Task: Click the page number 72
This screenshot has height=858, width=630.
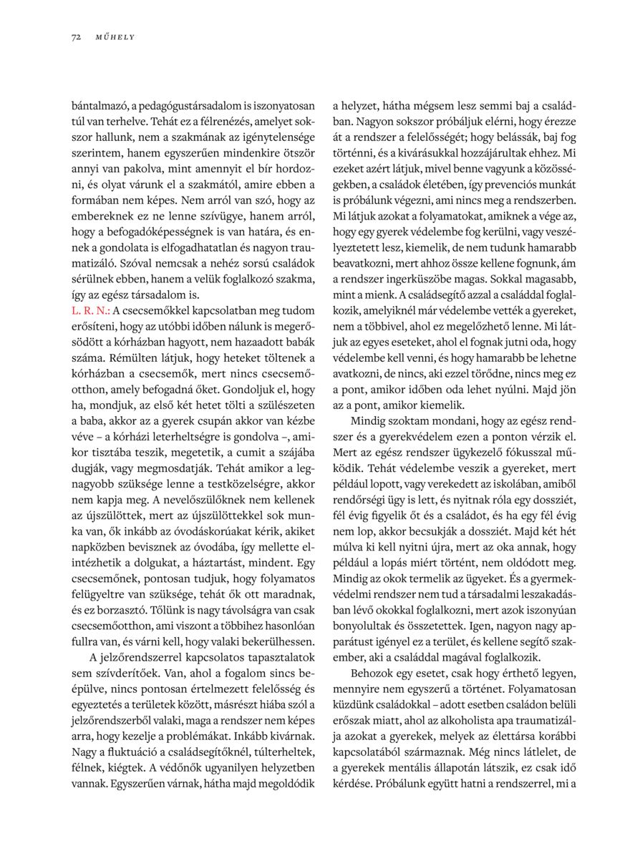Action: tap(75, 37)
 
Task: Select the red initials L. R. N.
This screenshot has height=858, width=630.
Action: tap(90, 312)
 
